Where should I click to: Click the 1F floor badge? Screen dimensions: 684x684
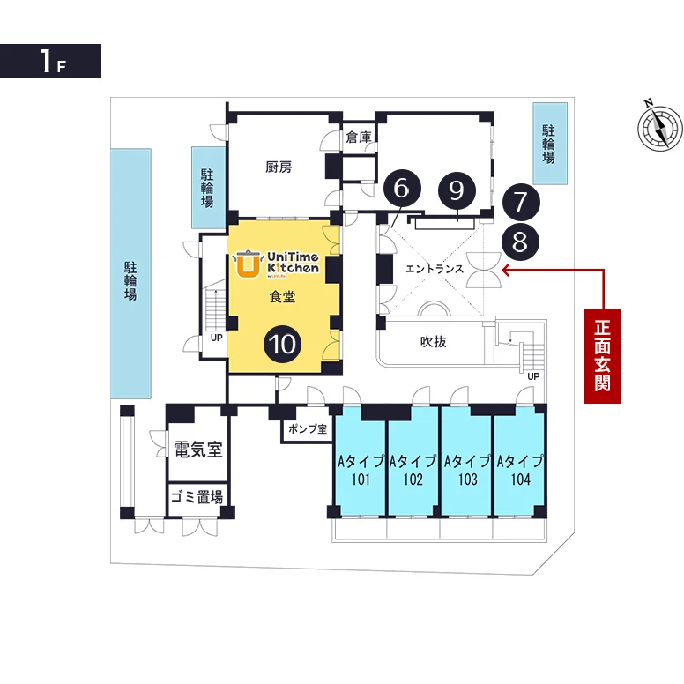[x=50, y=61]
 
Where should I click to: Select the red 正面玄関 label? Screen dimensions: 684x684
[x=602, y=355]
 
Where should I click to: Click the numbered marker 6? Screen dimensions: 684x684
[x=402, y=188]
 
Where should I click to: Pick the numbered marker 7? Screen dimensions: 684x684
[x=521, y=202]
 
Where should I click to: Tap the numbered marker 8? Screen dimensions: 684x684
[x=520, y=242]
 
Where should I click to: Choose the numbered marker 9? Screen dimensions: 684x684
[x=457, y=190]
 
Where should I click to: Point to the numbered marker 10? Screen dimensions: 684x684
[x=283, y=344]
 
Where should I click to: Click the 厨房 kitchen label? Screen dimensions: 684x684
[x=279, y=167]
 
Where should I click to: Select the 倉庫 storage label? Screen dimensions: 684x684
[x=359, y=138]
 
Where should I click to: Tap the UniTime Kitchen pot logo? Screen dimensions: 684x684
[x=248, y=264]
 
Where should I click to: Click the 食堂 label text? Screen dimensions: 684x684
[x=282, y=297]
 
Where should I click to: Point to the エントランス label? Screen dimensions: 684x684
[x=435, y=269]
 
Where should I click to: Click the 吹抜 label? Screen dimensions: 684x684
[x=433, y=341]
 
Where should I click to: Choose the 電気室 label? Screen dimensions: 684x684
[x=198, y=449]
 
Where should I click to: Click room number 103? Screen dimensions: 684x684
[x=468, y=480]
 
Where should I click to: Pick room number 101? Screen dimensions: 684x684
[x=361, y=480]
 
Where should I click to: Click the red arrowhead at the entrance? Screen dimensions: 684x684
[x=506, y=270]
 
